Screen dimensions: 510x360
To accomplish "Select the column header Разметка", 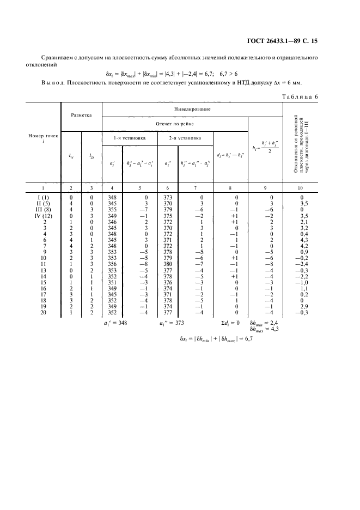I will [x=81, y=116].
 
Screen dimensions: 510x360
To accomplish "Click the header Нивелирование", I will [x=192, y=109].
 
